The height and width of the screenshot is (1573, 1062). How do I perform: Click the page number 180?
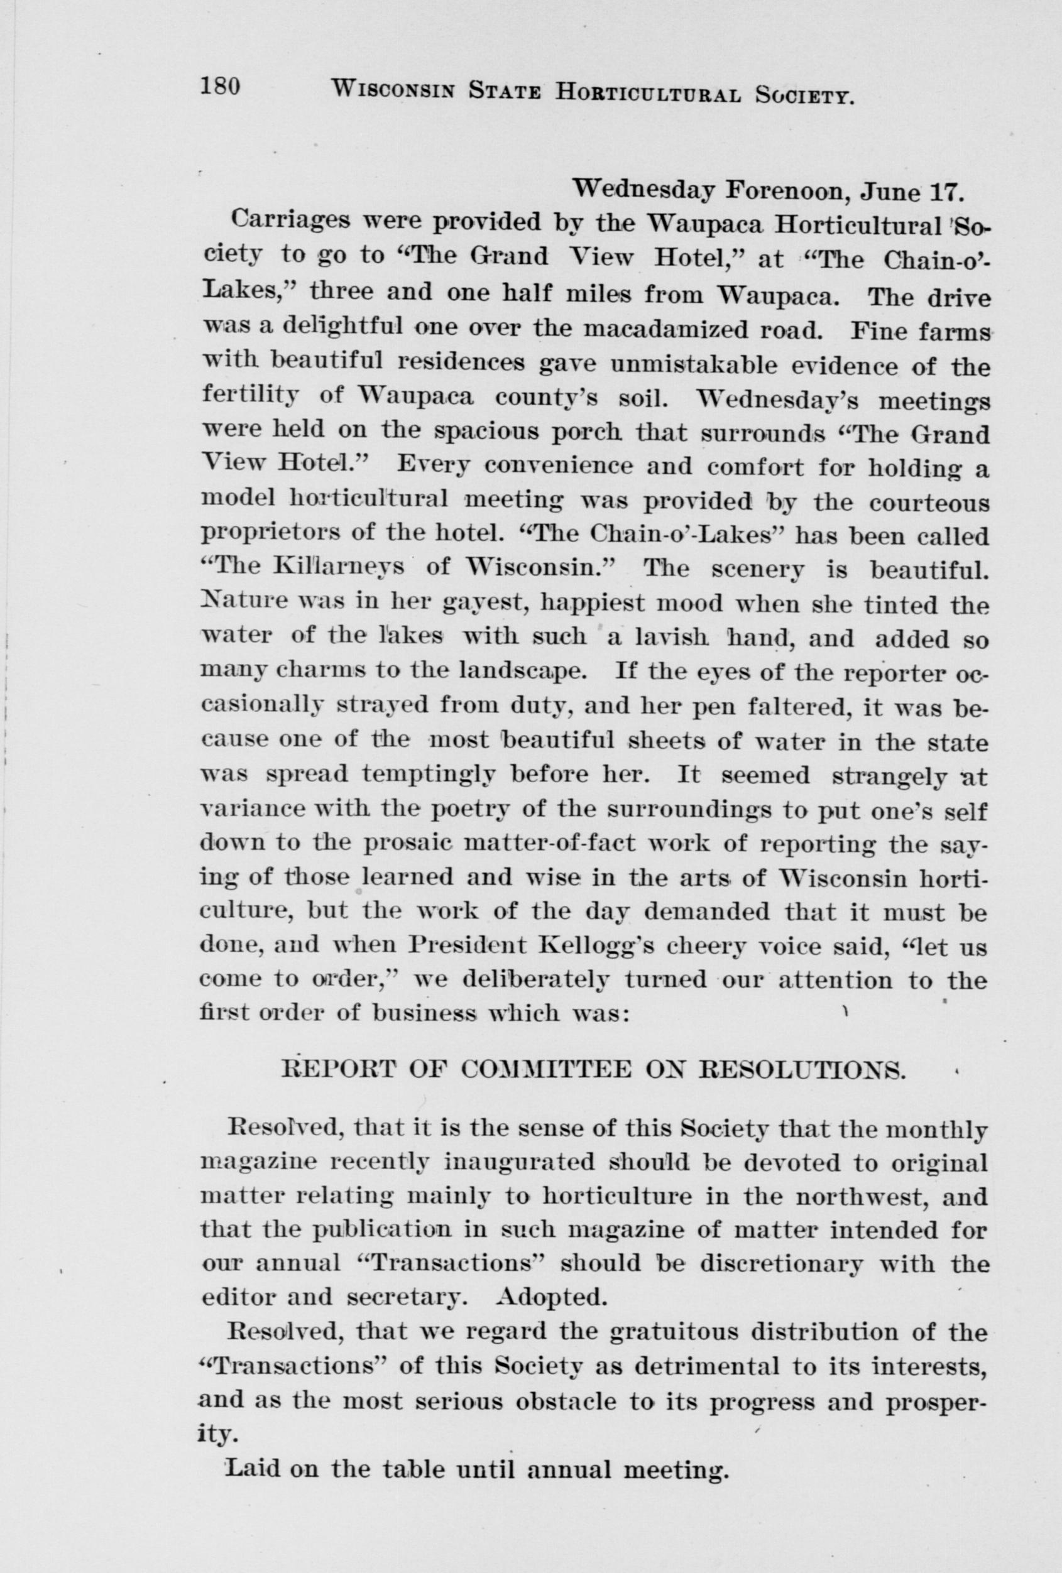(x=221, y=87)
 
